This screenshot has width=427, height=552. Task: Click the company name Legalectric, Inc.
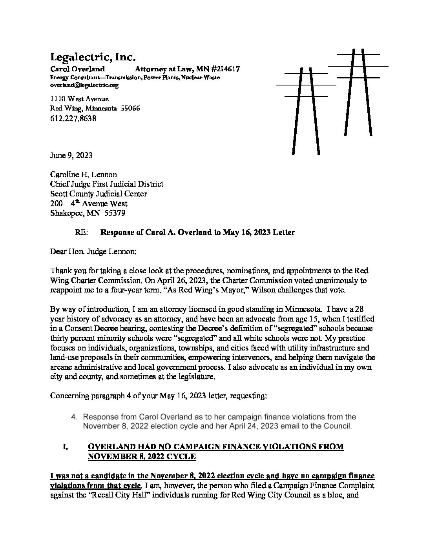[93, 58]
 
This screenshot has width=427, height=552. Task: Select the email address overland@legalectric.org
[84, 85]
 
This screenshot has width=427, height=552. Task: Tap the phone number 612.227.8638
[73, 118]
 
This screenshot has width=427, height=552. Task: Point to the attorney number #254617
[223, 69]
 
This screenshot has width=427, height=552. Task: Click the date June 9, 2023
[71, 155]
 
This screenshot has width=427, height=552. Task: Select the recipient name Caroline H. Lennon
[84, 174]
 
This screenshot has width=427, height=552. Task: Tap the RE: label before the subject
[81, 232]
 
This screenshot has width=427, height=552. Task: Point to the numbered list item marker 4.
[74, 417]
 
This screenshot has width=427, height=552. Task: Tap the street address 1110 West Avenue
[80, 99]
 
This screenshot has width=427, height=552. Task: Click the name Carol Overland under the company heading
[77, 69]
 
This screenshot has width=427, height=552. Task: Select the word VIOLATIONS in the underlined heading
[290, 447]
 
